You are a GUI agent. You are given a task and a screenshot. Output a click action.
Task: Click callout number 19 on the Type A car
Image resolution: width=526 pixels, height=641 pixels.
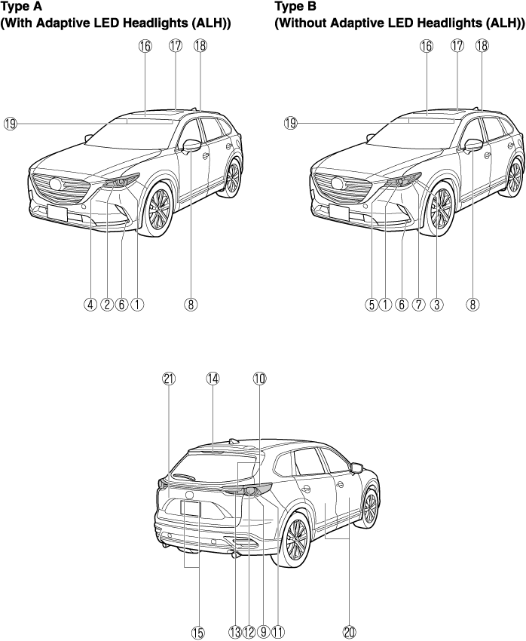10,123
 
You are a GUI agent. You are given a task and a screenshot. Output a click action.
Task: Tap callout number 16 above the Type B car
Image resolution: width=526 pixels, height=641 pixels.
427,46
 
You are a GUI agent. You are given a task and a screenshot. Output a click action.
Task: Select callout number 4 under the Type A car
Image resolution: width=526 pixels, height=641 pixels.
90,305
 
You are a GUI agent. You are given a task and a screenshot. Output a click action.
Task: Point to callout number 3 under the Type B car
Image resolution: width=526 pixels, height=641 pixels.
436,305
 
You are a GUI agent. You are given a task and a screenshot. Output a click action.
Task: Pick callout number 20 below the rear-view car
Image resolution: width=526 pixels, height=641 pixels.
349,632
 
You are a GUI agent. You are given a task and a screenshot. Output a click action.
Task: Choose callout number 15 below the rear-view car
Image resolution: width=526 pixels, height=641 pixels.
197,632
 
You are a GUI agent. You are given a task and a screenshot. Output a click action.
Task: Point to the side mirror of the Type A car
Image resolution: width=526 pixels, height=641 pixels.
192,145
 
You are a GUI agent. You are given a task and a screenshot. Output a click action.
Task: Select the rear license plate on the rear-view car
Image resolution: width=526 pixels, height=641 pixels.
191,509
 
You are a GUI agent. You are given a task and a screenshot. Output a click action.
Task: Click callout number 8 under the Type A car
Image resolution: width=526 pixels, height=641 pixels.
191,305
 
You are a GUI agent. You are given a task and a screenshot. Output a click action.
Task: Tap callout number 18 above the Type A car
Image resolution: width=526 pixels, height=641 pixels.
200,46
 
